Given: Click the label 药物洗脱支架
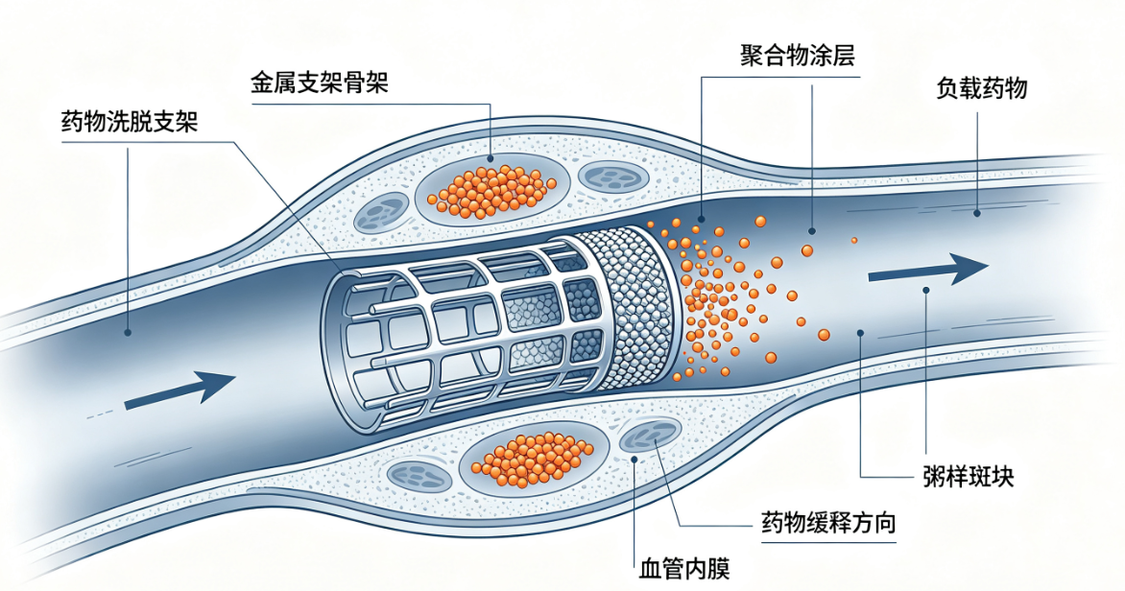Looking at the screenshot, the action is click(x=130, y=122).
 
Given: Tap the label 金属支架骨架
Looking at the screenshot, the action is click(x=320, y=83).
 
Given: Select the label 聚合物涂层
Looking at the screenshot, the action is click(x=797, y=56).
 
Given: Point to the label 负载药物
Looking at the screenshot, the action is click(x=982, y=88).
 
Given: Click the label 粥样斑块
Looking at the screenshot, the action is click(x=969, y=477).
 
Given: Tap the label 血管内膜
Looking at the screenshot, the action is click(x=684, y=570).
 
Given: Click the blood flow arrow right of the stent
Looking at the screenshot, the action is click(x=928, y=271).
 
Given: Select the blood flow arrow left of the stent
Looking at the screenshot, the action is click(x=180, y=390).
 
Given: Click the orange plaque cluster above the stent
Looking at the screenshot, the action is click(x=491, y=191).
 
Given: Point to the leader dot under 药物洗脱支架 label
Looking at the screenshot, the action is click(x=128, y=332).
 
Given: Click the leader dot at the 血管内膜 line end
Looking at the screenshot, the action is click(x=634, y=460).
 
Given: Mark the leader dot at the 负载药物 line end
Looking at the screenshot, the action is click(x=977, y=213).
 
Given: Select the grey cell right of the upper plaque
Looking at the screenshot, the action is click(x=613, y=177).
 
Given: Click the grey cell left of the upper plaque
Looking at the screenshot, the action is click(x=381, y=212).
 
